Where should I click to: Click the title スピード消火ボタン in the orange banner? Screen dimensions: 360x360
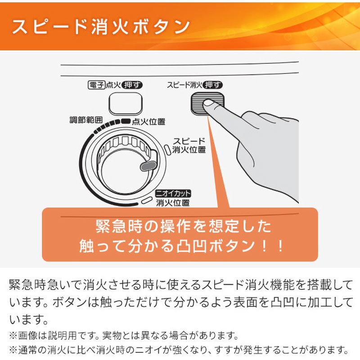coord(101,27)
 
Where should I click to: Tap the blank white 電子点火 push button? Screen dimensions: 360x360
coord(126,103)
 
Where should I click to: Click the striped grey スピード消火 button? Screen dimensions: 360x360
coord(207,103)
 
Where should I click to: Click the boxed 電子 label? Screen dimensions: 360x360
coord(96,85)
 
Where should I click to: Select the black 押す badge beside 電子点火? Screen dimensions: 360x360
coord(132,85)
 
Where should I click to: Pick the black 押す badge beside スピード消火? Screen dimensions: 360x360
coord(212,85)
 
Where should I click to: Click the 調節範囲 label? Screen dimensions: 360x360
coord(86,120)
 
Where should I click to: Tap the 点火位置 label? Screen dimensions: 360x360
coord(148,121)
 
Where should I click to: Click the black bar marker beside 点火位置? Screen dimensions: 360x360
coord(126,121)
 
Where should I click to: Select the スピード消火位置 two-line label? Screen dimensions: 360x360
coord(189,145)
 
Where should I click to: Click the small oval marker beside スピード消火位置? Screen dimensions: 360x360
coord(167,150)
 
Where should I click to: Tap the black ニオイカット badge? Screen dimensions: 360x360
coord(173,193)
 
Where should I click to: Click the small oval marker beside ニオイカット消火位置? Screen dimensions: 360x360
coord(147,200)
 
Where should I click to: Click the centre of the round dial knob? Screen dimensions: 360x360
coord(124,172)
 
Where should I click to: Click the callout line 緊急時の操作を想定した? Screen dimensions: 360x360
coord(183,227)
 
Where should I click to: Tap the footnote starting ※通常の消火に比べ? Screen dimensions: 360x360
coord(179,350)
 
